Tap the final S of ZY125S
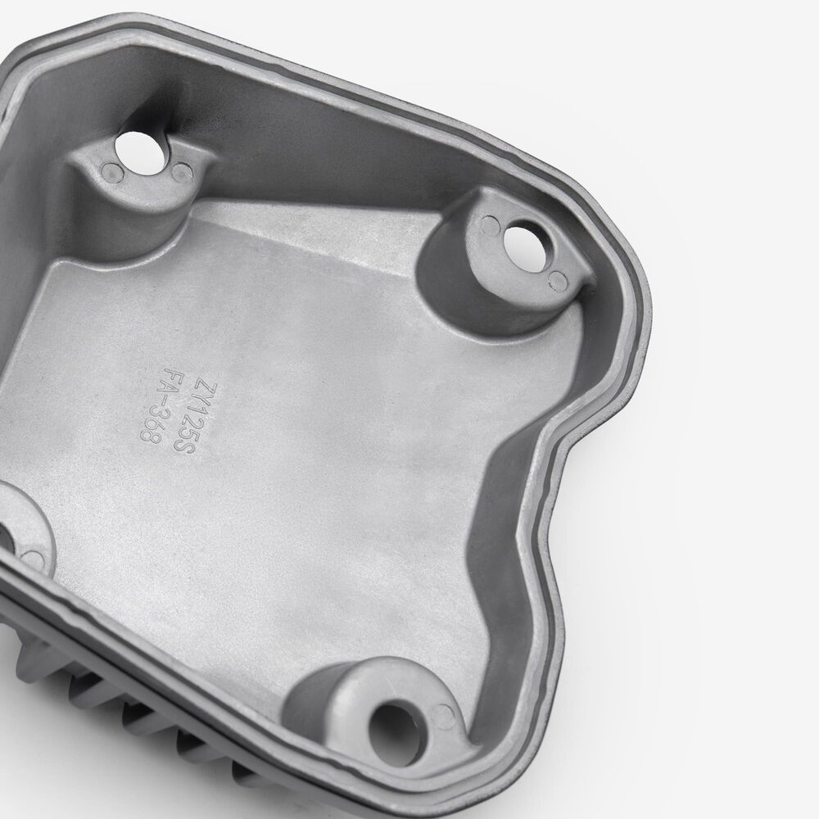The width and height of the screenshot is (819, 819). tap(184, 445)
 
